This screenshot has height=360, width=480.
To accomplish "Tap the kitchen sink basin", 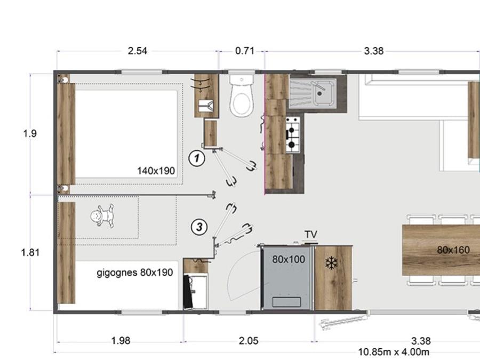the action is tap(324, 91).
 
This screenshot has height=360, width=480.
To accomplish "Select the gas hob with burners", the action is tap(293, 135).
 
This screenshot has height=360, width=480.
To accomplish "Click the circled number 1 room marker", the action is tap(196, 158).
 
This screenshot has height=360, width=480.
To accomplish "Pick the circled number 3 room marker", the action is tap(199, 227).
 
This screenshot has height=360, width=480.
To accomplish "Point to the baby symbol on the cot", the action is tap(102, 216).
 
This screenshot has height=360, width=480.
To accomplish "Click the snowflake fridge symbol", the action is tap(331, 263).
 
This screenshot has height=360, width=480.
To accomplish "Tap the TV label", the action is tap(311, 235).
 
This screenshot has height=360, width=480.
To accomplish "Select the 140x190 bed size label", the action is tap(156, 171).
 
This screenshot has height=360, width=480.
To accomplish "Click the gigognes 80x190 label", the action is tap(135, 273).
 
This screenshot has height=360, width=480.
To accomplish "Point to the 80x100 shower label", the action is tap(289, 260).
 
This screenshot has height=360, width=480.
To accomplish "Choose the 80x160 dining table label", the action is tap(453, 250).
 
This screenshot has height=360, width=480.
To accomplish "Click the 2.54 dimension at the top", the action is tap(138, 51).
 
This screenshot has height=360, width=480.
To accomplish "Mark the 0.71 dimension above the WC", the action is tap(245, 51).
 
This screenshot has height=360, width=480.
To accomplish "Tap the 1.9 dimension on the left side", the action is tap(30, 133).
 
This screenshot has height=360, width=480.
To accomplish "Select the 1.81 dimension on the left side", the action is tap(30, 253).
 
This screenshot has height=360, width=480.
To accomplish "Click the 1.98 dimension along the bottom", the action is tap(121, 341).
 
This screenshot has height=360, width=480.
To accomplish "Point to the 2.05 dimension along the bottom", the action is tap(249, 341).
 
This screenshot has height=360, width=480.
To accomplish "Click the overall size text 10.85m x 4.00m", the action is tap(394, 352).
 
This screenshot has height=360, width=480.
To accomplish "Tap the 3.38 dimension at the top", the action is tap(374, 51).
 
